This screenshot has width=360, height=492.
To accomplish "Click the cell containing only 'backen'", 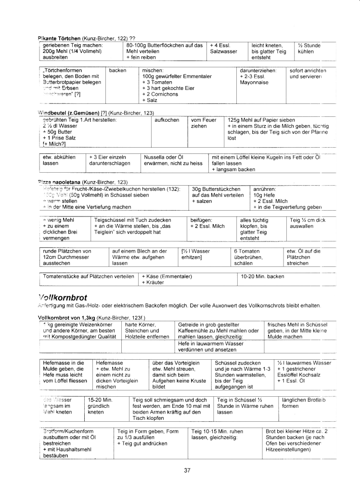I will pyautogui.click(x=117, y=70).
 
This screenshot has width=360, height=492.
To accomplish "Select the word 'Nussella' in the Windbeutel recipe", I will pyautogui.click(x=155, y=157).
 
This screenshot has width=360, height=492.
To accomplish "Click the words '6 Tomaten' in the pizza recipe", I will pyautogui.click(x=247, y=251).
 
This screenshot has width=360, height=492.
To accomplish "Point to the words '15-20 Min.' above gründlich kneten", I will pyautogui.click(x=100, y=400).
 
